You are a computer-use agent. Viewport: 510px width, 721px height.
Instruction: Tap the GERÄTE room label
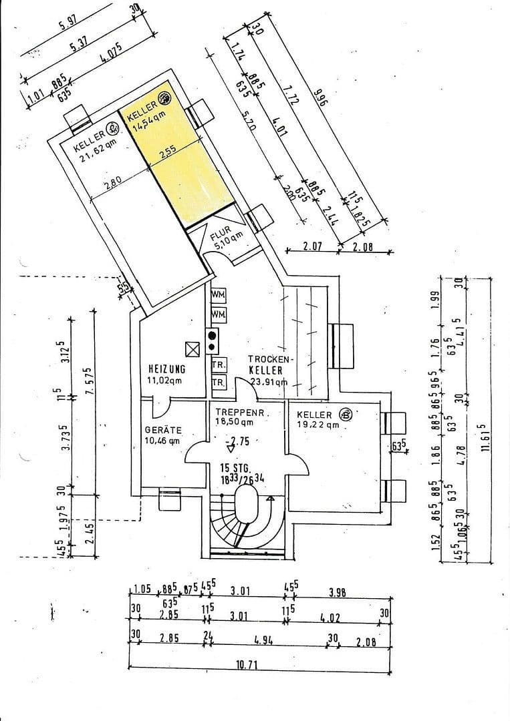point(163,430)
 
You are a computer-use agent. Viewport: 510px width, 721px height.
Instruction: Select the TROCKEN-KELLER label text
point(269,365)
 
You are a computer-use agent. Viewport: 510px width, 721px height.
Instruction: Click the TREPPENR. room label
point(241,413)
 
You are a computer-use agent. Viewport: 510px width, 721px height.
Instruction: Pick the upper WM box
point(218,294)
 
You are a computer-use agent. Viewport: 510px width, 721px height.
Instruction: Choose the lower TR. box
point(218,383)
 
